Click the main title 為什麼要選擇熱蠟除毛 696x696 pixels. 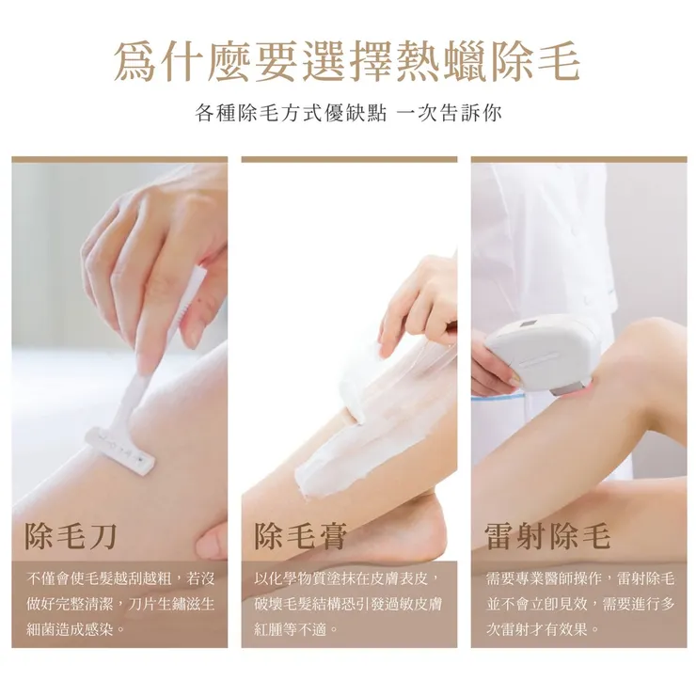pos(347,61)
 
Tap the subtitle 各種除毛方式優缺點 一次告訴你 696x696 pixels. pos(347,114)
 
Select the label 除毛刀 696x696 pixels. pos(71,536)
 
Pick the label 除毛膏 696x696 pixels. pos(301,536)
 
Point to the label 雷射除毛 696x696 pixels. pos(547,536)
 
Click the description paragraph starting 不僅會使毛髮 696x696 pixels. pos(119,603)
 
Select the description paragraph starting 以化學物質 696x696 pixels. pos(349,603)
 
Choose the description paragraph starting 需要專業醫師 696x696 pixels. pos(579,603)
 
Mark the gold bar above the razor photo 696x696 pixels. pos(119,160)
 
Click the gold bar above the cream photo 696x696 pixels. pos(349,160)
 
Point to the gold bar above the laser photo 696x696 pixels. pos(579,160)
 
